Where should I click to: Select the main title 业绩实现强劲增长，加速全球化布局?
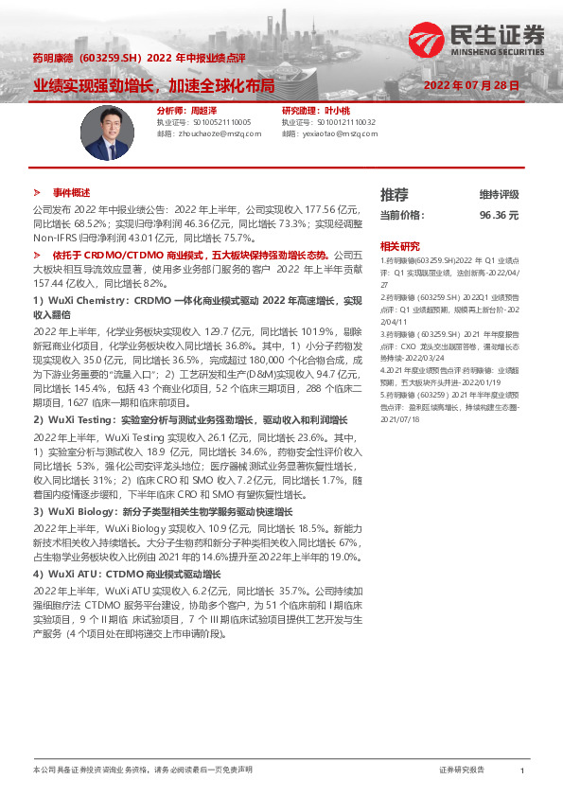click(154, 85)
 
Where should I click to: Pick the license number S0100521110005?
click(216, 123)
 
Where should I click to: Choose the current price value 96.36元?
click(499, 215)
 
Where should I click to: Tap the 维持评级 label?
click(499, 195)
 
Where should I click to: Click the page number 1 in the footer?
click(521, 771)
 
